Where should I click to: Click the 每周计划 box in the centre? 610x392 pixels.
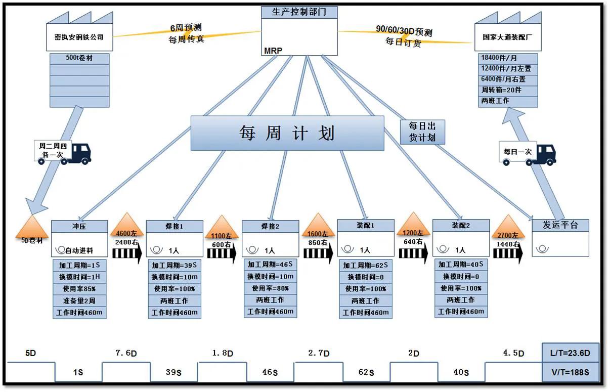[287, 133]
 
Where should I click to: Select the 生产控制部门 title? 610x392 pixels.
[299, 12]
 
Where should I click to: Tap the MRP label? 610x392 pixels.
[273, 51]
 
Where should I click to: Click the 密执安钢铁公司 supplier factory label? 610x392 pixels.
[79, 37]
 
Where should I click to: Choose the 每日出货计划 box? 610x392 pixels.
[422, 132]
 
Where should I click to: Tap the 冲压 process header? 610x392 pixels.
[80, 226]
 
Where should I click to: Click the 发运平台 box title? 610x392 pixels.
[560, 225]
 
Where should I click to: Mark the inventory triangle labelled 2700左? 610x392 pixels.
[508, 228]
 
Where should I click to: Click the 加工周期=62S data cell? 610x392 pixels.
[365, 265]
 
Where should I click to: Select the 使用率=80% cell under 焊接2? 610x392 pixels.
[270, 288]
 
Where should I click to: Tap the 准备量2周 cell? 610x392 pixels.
[79, 301]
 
